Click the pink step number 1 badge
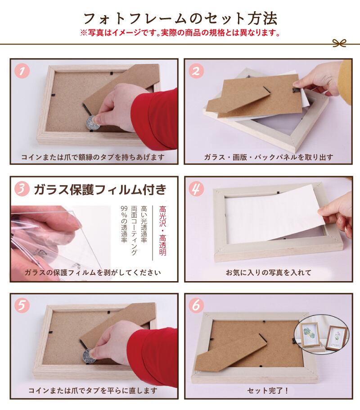[22, 71]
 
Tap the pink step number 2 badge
[196, 71]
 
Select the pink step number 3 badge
[22, 189]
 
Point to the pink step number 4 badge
[196, 188]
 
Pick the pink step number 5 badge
[22, 305]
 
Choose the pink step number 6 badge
[196, 305]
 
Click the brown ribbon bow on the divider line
[339, 43]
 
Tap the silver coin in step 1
[93, 123]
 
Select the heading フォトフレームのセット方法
[180, 18]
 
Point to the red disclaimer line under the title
[180, 33]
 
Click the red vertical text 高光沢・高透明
[162, 231]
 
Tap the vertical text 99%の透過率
[124, 224]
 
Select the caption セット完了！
[268, 391]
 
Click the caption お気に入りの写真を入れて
[269, 273]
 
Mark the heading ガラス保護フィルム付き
[100, 189]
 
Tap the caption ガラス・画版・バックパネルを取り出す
[269, 157]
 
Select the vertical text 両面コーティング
[134, 230]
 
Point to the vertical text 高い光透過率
[144, 224]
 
